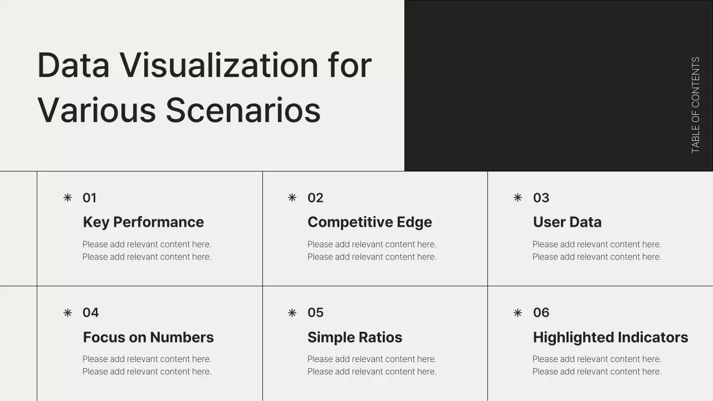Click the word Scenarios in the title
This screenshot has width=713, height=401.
tap(243, 110)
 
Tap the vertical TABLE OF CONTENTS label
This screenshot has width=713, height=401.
tap(695, 105)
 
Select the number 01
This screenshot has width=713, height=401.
tap(89, 198)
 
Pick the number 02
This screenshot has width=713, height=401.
tap(315, 198)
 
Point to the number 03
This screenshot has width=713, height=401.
tap(541, 198)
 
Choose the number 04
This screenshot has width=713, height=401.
tap(90, 312)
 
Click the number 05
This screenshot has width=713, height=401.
tap(315, 312)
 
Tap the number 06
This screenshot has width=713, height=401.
tap(541, 312)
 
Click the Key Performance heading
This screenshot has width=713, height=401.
tap(143, 222)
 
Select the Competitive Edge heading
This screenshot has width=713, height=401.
tap(369, 222)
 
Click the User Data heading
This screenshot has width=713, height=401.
tap(567, 222)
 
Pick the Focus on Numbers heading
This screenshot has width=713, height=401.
tap(148, 338)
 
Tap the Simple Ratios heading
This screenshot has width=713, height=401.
tap(354, 338)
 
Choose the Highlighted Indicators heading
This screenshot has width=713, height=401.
tap(610, 338)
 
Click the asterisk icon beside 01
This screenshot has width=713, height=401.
tap(67, 198)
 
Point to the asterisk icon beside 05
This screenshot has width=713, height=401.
tap(292, 312)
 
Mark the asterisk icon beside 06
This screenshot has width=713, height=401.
tap(517, 312)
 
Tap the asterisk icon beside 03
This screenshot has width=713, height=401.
tap(517, 198)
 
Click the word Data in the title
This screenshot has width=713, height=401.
tap(73, 65)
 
